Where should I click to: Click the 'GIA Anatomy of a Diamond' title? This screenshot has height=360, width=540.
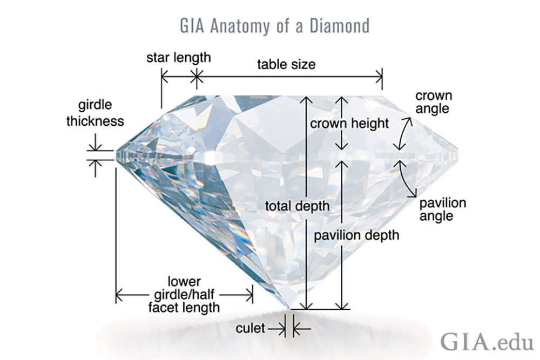275,26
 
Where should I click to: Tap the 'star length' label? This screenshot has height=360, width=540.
178,58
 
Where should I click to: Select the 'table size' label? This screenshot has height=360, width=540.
286,64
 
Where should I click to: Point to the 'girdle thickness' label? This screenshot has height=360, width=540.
95,113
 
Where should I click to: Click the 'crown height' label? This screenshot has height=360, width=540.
349,123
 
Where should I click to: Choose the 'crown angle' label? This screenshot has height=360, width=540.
433,102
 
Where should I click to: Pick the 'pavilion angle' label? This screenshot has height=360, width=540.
443,209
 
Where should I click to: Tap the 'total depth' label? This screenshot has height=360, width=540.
297,206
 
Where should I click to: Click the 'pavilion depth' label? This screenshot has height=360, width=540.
356,235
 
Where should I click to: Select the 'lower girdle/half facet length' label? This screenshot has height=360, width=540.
184,294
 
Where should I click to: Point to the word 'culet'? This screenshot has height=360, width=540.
251,328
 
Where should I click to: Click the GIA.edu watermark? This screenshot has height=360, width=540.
487,342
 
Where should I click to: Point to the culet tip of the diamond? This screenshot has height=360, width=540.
289,308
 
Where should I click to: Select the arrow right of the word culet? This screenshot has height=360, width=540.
302,329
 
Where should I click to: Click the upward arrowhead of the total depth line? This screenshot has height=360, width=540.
306,100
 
